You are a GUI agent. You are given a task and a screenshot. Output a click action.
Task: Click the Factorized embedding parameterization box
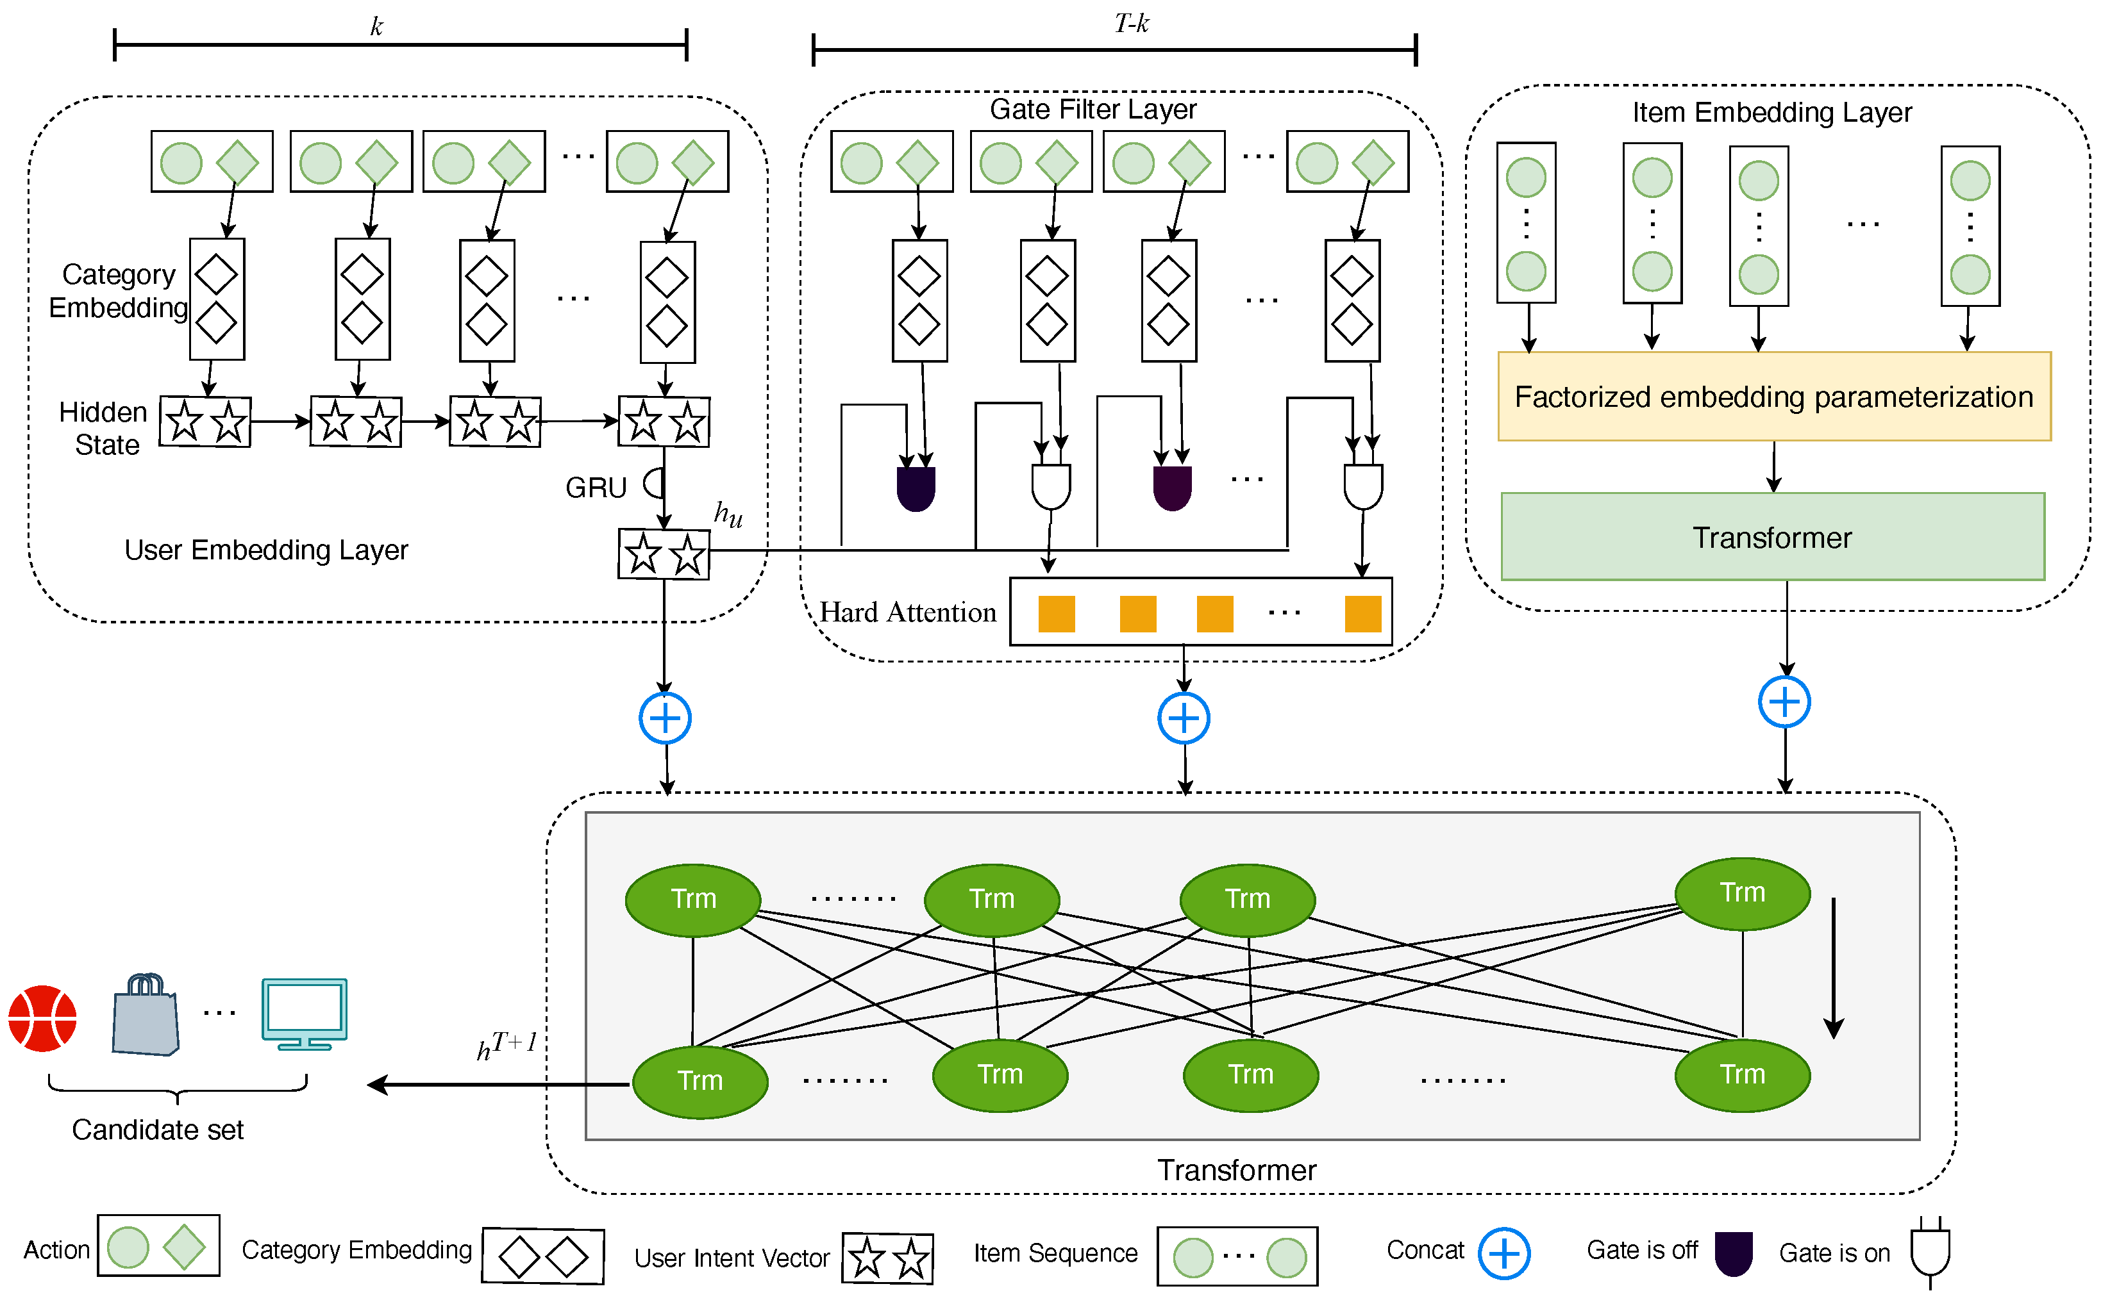coord(1773,397)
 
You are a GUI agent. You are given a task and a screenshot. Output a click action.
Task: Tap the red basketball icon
coord(42,1018)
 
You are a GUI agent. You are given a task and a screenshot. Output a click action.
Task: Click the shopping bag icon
coord(146,1016)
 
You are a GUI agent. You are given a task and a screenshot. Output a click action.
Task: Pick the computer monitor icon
coord(305,1013)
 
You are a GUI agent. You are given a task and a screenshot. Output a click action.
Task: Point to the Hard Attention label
coord(907,612)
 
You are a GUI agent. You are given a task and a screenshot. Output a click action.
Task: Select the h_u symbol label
coord(728,514)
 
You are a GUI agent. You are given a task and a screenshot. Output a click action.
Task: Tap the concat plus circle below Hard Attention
coord(1184,718)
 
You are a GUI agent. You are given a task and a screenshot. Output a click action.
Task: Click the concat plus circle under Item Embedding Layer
coord(1784,702)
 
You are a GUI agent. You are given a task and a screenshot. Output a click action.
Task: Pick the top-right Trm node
coord(1742,893)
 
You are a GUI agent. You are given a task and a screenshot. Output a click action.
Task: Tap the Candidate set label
coord(158,1129)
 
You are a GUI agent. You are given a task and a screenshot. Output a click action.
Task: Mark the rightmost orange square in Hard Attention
coord(1362,614)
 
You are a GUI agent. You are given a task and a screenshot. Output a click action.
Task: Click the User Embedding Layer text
coord(266,549)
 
